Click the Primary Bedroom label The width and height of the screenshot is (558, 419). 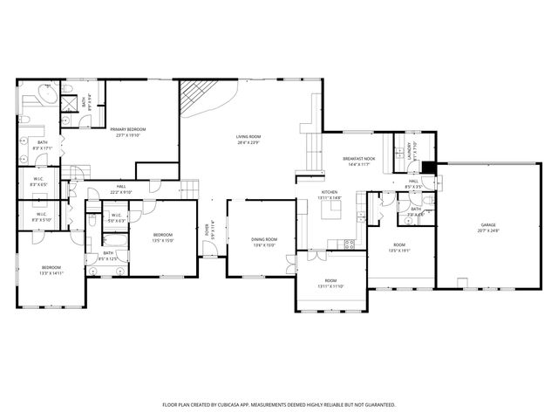coord(128,130)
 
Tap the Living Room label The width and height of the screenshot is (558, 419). coord(248,136)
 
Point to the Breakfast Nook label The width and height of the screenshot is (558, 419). coord(357,159)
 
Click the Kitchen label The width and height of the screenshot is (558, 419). coord(330,192)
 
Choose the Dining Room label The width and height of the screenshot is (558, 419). coord(264,239)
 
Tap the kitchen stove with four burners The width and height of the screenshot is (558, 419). coord(350,243)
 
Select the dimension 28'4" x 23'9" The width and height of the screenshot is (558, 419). coord(248,142)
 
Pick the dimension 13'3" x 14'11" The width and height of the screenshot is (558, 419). coord(51,273)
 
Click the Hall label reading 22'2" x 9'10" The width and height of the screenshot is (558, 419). coord(121,192)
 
